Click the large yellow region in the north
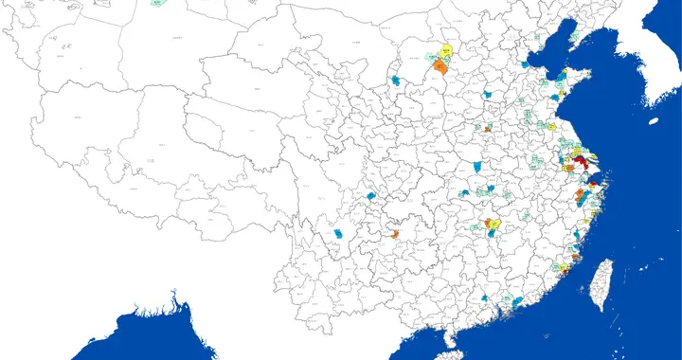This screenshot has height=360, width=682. tap(443, 51)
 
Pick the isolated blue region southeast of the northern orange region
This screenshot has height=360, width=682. tap(488, 95)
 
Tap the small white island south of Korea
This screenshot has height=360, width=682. tap(653, 121)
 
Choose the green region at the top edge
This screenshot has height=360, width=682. tap(156, 4)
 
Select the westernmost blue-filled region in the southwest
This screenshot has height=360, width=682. tap(338, 233)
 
